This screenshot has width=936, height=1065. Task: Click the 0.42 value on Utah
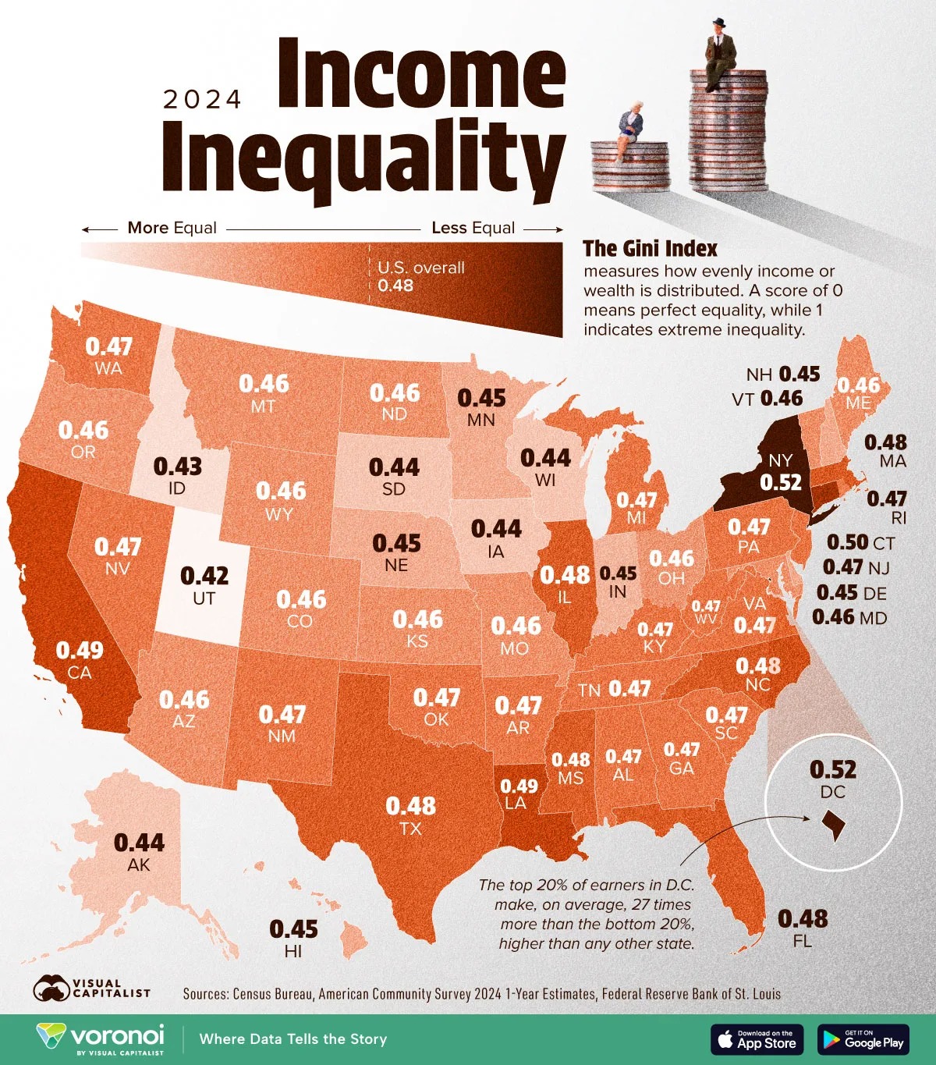tap(204, 576)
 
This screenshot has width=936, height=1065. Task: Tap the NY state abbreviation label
tap(780, 460)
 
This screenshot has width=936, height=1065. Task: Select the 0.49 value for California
tap(80, 650)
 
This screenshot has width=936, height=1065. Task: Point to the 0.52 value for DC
tap(833, 769)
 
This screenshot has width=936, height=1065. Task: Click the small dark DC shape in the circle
tap(833, 825)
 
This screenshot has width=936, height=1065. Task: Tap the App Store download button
tap(756, 1039)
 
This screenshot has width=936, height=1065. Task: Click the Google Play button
tap(863, 1039)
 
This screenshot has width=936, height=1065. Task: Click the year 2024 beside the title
tap(202, 99)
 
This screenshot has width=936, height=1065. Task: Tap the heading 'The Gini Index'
tap(650, 248)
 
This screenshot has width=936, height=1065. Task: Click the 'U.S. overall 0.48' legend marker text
tap(420, 276)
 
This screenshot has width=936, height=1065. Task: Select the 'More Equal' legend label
tap(172, 228)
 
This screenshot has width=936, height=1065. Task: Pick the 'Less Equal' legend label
tap(473, 228)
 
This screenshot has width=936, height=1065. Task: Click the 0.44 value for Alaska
tap(140, 843)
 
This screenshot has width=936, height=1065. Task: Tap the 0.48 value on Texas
tap(411, 805)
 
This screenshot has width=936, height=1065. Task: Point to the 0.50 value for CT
tap(847, 542)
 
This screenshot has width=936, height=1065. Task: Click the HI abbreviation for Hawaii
tap(293, 951)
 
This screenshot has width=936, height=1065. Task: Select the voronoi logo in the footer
tap(101, 1038)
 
